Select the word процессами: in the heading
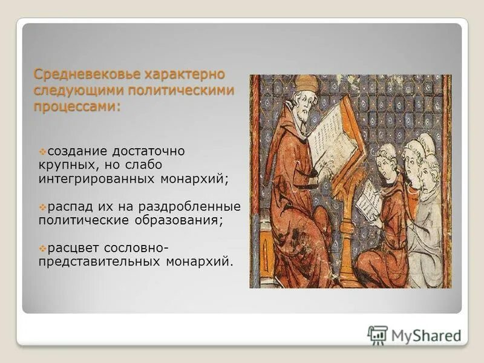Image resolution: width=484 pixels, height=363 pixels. (77, 106)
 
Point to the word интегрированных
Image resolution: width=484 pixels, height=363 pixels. (95, 179)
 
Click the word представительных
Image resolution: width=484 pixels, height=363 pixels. (98, 263)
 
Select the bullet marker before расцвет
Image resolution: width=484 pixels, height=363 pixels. (42, 249)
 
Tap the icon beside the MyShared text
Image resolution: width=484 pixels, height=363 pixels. (378, 335)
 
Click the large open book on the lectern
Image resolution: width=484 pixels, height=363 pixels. (332, 137)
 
